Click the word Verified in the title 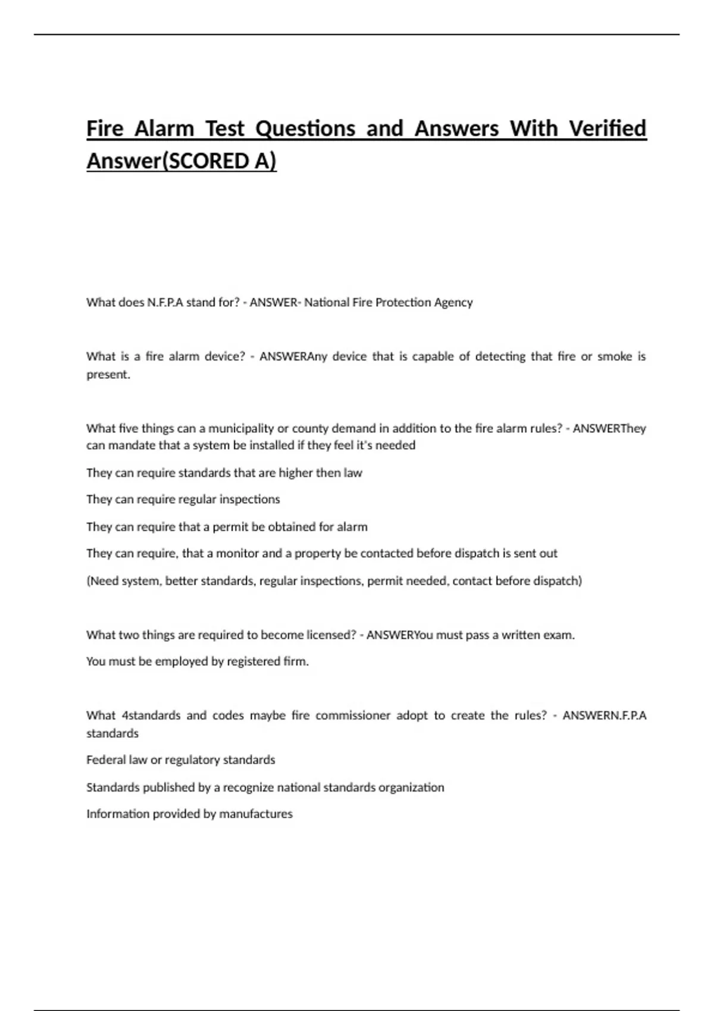(607, 128)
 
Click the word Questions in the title (305, 128)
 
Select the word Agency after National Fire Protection (453, 303)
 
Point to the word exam (562, 635)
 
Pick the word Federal (104, 760)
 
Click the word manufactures (256, 814)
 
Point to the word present (108, 375)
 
